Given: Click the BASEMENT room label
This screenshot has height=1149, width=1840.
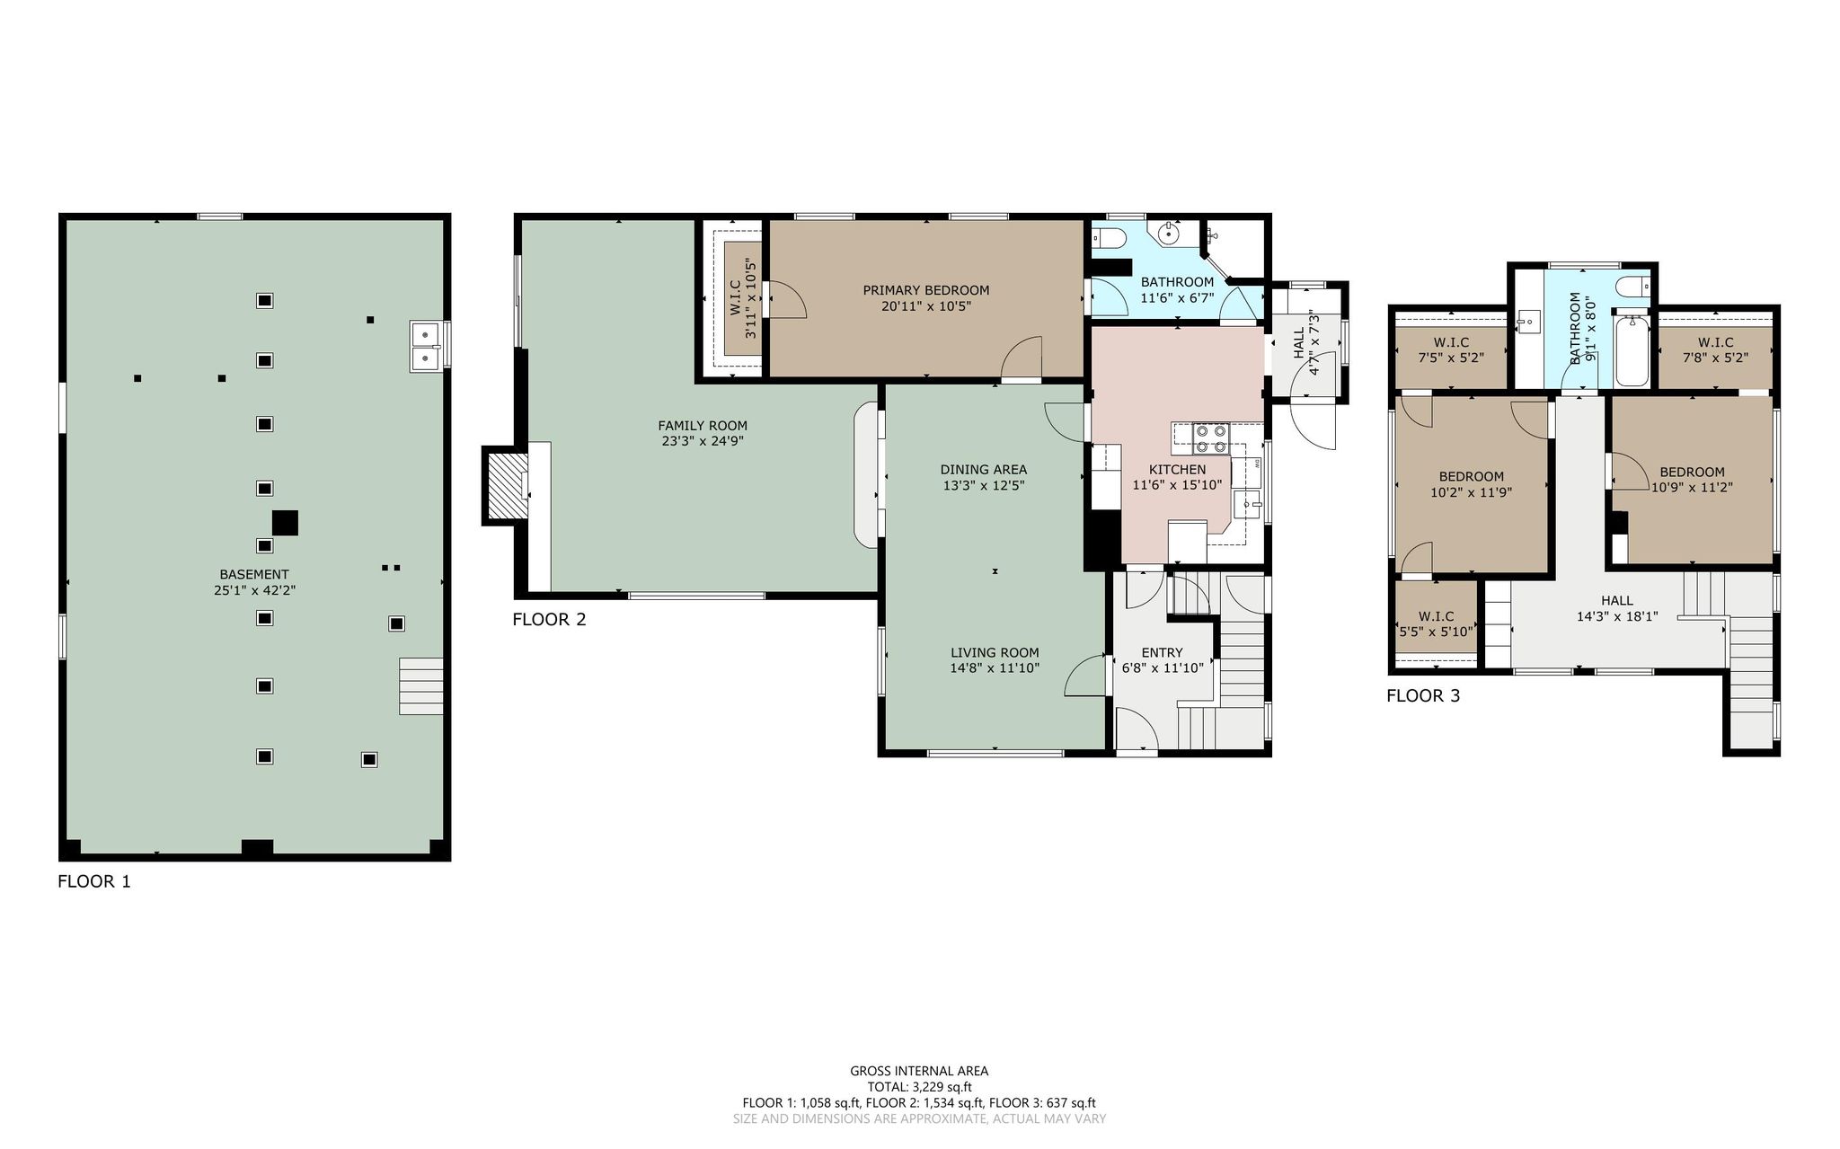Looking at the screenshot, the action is (x=254, y=574).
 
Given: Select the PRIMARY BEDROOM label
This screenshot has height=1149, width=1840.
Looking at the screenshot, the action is (x=925, y=290).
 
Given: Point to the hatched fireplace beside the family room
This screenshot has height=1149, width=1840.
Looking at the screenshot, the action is (x=505, y=486).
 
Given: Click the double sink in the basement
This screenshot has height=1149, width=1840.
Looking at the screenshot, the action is (x=424, y=346).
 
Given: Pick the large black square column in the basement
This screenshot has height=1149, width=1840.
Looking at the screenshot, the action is (x=285, y=523).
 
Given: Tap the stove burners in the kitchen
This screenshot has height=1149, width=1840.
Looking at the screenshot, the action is (x=1209, y=438).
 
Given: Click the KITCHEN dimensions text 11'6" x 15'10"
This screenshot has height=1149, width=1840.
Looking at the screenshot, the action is (x=1177, y=485).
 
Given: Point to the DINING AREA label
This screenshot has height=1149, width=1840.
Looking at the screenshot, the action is (x=983, y=469).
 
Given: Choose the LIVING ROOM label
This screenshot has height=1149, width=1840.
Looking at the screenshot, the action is (x=995, y=652).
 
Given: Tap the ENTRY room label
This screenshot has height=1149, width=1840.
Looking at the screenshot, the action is (x=1162, y=652).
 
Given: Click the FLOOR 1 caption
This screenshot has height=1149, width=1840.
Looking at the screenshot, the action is (x=94, y=881).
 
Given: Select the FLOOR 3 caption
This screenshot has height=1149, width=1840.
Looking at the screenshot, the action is (x=1423, y=695).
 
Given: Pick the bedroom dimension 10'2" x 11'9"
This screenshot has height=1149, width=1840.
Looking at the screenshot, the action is (x=1471, y=491).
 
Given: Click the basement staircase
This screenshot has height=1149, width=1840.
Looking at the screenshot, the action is (x=421, y=686).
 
